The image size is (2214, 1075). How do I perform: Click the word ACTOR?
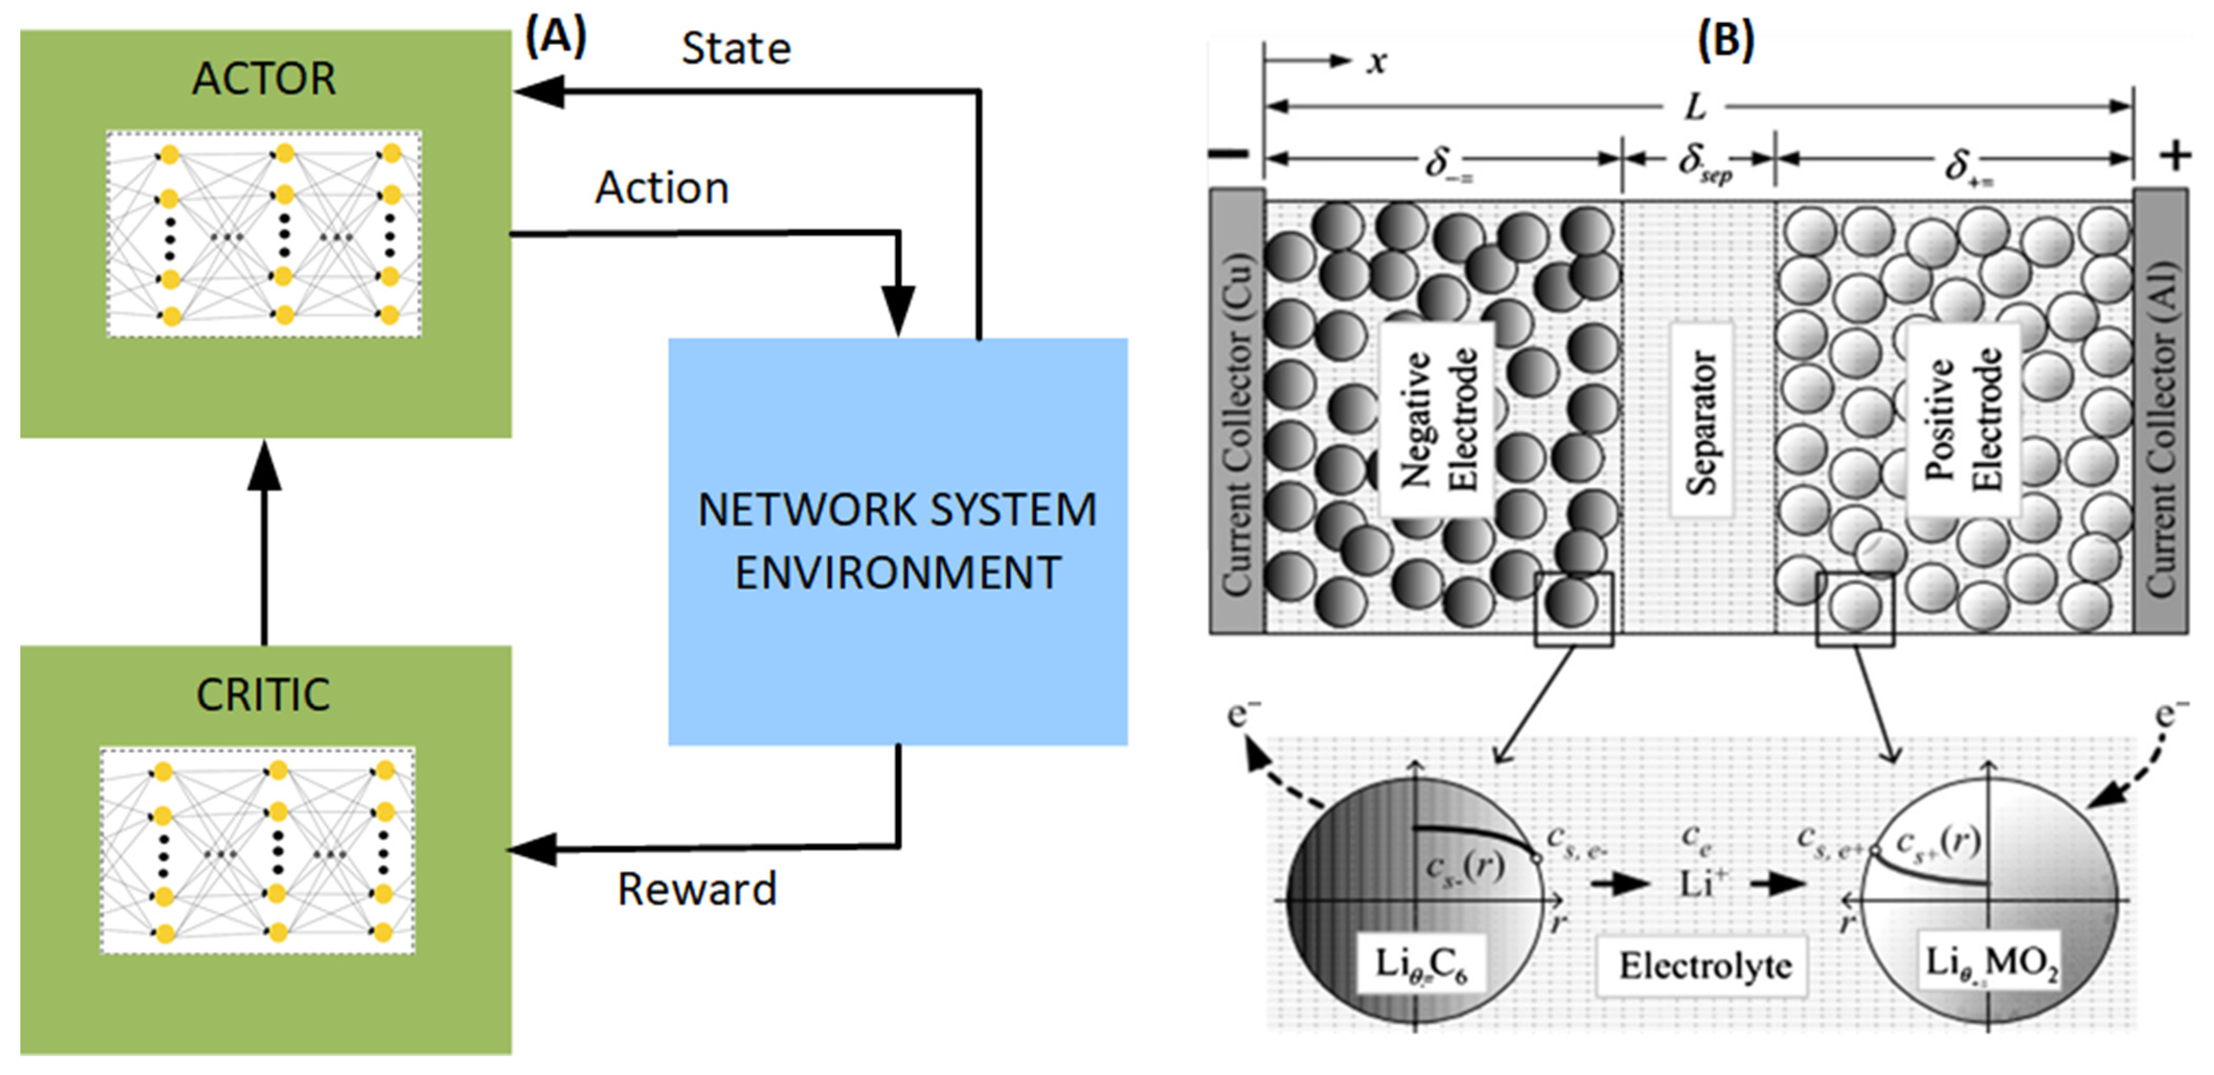point(263,79)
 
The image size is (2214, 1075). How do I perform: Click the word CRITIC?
point(263,694)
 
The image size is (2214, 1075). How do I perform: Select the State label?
point(736,49)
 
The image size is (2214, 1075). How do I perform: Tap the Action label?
point(662,188)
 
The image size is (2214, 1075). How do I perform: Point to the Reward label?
point(696,889)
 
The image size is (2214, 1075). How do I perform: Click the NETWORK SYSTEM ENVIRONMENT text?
point(898,541)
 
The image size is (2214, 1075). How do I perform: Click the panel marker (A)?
point(555,39)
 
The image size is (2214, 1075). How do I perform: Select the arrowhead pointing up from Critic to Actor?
point(264,468)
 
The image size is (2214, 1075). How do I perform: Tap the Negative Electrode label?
point(1437,419)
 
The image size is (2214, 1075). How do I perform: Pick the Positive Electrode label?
point(1962,419)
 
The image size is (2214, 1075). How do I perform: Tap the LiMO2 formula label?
point(1991,964)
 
